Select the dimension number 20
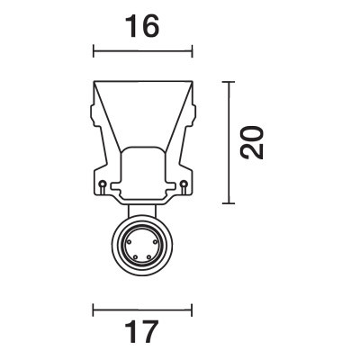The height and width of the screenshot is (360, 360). [x=256, y=141]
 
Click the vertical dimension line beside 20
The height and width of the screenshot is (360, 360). [x=232, y=141]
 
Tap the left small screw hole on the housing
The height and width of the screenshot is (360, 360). [x=104, y=186]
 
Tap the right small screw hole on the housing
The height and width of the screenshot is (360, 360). [x=184, y=186]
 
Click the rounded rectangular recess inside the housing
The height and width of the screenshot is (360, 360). [x=144, y=171]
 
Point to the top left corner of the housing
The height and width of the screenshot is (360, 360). [x=94, y=84]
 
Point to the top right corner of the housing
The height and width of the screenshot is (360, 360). [x=193, y=84]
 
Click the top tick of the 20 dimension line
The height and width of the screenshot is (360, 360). [x=232, y=82]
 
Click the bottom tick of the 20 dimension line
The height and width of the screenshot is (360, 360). [x=232, y=202]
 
